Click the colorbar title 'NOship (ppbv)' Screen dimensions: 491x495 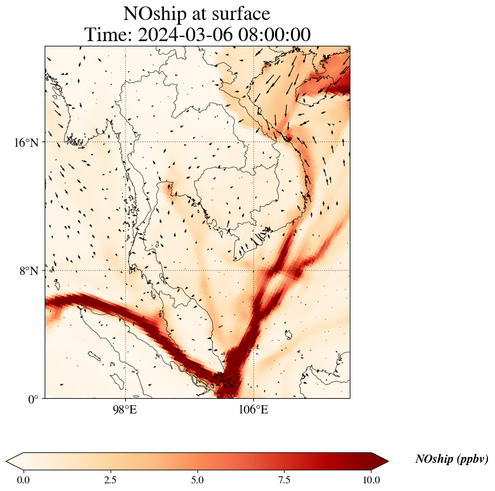[451, 459]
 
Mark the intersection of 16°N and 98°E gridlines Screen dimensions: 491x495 [125, 142]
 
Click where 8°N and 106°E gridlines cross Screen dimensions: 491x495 [253, 271]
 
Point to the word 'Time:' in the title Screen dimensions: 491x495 [108, 35]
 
